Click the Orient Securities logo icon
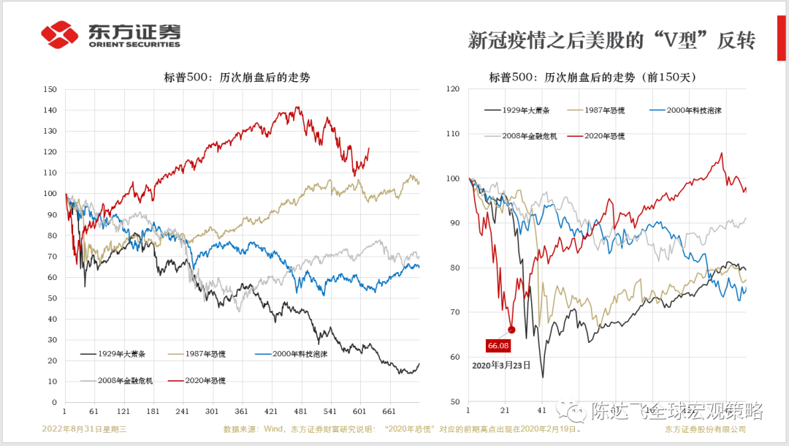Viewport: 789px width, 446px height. coord(59,34)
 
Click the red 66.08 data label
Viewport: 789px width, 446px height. coord(498,345)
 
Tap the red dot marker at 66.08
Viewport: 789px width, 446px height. coord(511,330)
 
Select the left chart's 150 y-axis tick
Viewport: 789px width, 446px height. coord(50,89)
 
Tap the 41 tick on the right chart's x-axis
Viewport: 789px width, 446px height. coord(541,412)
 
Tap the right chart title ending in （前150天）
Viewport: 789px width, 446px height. coord(592,77)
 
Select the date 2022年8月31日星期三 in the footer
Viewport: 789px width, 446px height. coord(85,429)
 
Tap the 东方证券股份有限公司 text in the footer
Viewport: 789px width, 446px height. coord(705,429)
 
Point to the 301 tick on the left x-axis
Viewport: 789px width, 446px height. coord(212,412)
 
